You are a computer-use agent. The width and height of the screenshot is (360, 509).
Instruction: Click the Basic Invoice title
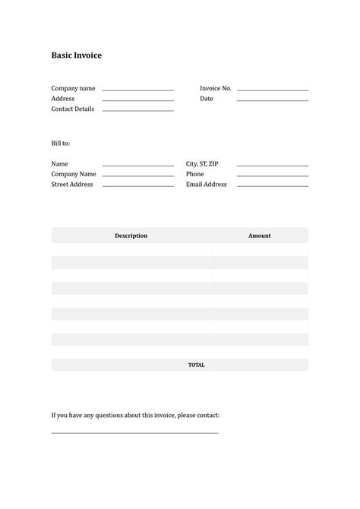click(76, 55)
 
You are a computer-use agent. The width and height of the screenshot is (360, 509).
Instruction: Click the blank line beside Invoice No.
click(272, 90)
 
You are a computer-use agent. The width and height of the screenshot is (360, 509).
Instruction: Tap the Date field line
click(272, 100)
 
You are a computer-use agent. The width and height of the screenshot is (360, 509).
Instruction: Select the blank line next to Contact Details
click(137, 110)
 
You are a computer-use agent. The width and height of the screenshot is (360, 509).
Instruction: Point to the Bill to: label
click(61, 143)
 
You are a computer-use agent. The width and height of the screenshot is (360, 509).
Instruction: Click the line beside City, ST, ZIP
click(272, 165)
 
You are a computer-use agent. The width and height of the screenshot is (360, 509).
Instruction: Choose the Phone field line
click(272, 175)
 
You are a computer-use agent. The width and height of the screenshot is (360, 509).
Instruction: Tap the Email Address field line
click(272, 185)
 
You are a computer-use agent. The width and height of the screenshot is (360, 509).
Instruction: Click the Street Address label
click(72, 185)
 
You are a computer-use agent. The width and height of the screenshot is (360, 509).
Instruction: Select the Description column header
click(131, 236)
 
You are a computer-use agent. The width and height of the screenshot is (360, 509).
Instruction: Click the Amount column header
click(259, 236)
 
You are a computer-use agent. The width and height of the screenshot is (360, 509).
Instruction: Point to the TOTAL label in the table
click(196, 365)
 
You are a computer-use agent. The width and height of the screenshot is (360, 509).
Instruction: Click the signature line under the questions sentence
click(134, 432)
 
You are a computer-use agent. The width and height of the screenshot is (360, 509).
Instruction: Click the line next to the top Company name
click(137, 90)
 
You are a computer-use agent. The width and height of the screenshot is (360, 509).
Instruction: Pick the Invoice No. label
click(216, 88)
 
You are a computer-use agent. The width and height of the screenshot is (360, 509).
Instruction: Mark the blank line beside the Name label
click(137, 165)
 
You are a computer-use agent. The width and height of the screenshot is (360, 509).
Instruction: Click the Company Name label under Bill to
click(74, 174)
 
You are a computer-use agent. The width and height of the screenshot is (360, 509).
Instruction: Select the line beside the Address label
click(137, 100)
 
